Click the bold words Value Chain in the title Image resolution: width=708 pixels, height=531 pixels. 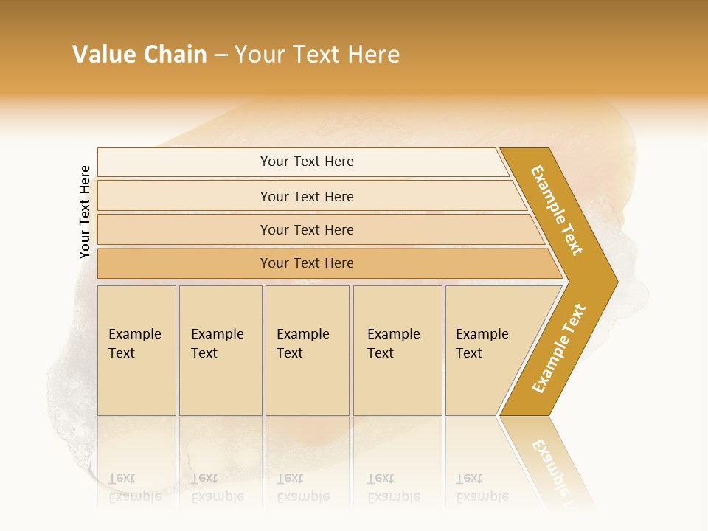click(139, 55)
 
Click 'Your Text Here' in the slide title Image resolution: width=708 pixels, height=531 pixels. click(317, 55)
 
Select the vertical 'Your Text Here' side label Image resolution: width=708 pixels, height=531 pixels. click(85, 212)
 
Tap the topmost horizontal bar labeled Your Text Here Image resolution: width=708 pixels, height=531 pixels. click(307, 162)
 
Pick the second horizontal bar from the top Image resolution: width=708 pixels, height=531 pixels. click(307, 196)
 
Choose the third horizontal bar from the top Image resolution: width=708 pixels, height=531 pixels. click(307, 229)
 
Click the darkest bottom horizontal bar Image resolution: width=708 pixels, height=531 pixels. click(307, 263)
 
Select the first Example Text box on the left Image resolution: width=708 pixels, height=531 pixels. click(136, 350)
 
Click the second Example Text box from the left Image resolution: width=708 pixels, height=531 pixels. click(220, 350)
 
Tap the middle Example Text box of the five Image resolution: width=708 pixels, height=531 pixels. click(307, 350)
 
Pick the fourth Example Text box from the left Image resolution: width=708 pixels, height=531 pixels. click(397, 350)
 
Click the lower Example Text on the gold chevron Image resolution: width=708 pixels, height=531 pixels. click(559, 348)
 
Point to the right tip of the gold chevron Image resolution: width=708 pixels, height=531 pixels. click(616, 282)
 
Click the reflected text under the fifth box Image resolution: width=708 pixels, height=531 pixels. click(482, 487)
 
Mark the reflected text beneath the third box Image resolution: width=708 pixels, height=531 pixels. click(302, 487)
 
